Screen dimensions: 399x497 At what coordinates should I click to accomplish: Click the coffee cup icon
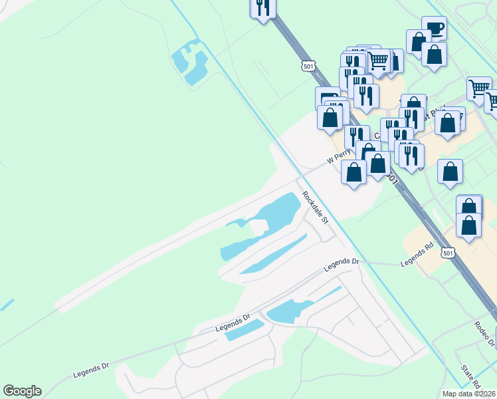(434, 28)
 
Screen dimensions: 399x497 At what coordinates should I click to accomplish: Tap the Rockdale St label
(316, 207)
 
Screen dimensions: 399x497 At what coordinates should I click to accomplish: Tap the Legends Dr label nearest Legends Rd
(341, 264)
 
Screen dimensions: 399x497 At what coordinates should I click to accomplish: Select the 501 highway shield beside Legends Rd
(448, 254)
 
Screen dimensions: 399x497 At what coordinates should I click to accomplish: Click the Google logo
(22, 391)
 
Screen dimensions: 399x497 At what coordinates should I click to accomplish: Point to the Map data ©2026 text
(469, 394)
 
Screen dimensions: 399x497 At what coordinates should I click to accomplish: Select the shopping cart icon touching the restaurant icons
(378, 61)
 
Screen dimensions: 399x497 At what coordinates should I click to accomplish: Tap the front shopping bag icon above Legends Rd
(469, 225)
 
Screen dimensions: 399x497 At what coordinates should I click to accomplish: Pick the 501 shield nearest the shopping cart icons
(308, 66)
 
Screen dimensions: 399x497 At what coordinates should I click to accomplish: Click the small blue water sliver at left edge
(6, 305)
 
